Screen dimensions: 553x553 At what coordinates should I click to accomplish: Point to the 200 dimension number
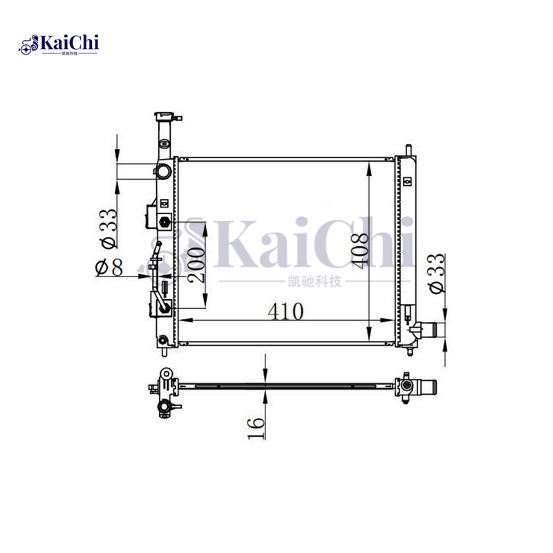[196, 264]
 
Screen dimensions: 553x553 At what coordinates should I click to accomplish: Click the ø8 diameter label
[109, 268]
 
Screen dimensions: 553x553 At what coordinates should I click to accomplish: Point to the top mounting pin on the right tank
[407, 149]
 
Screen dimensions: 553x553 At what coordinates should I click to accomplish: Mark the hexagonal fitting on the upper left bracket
[165, 222]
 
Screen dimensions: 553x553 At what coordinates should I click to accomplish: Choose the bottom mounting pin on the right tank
[410, 348]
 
